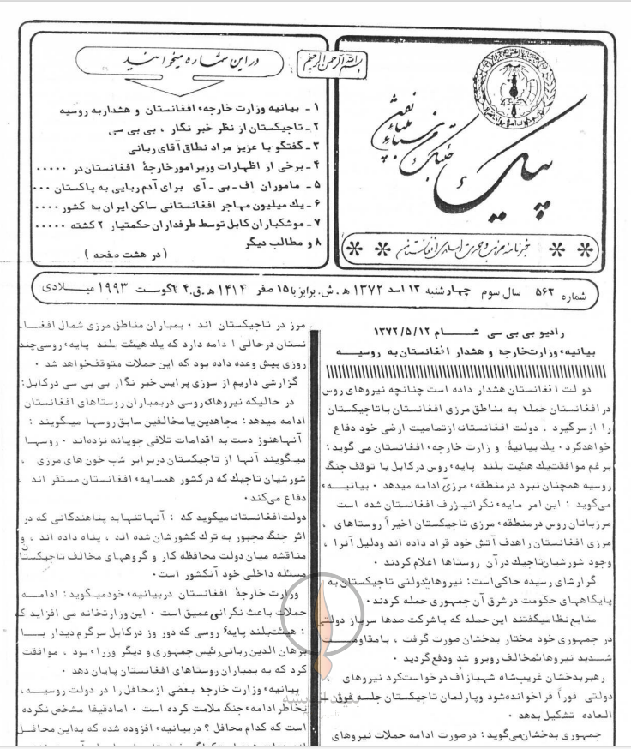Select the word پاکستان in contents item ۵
[x=75, y=185]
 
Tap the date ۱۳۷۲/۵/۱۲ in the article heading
[x=415, y=331]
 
